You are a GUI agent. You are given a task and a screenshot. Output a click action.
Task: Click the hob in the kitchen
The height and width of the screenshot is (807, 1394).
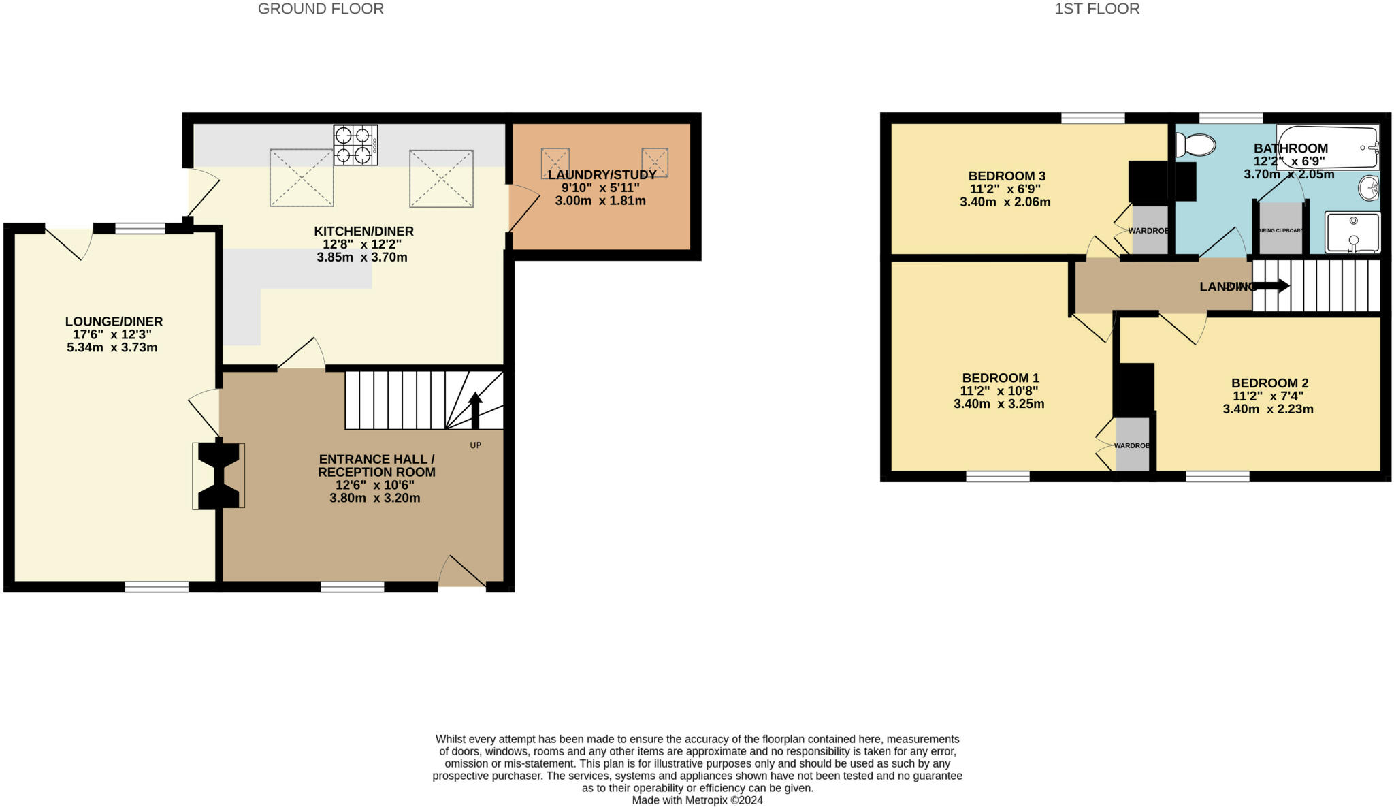point(355,145)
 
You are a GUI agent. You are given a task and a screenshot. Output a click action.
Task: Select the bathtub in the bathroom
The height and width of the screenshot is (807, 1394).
point(1327,146)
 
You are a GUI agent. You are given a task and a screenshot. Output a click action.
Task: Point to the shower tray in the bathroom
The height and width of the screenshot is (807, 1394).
point(1352,232)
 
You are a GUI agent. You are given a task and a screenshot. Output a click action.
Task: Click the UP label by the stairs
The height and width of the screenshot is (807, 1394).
point(475,445)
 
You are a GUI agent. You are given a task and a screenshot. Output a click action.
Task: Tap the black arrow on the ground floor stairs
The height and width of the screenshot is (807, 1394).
point(475,410)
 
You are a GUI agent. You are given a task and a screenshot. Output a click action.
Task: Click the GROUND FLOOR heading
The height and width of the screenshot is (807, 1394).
point(321,9)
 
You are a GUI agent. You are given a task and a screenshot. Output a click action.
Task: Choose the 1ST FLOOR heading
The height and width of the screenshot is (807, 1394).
point(1097,9)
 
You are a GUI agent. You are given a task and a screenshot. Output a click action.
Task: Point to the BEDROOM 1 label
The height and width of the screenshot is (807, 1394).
point(1000,378)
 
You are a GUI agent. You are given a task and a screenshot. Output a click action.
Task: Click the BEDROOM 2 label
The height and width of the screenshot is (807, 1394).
point(1269,383)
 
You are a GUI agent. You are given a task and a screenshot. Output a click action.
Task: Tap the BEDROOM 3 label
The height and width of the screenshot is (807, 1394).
point(1007,176)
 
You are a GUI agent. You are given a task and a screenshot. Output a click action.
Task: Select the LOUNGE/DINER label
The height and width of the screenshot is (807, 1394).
point(114,321)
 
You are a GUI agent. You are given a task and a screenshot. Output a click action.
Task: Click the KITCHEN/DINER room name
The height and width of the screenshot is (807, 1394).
point(363,232)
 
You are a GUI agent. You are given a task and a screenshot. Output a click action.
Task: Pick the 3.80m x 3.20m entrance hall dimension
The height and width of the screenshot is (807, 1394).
point(374,498)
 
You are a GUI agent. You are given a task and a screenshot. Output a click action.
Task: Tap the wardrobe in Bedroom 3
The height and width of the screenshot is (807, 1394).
point(1150,230)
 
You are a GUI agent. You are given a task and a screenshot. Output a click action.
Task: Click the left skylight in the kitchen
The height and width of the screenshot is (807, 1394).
point(302,178)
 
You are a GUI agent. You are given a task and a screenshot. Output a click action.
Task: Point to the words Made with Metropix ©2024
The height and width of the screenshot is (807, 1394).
point(697,800)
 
